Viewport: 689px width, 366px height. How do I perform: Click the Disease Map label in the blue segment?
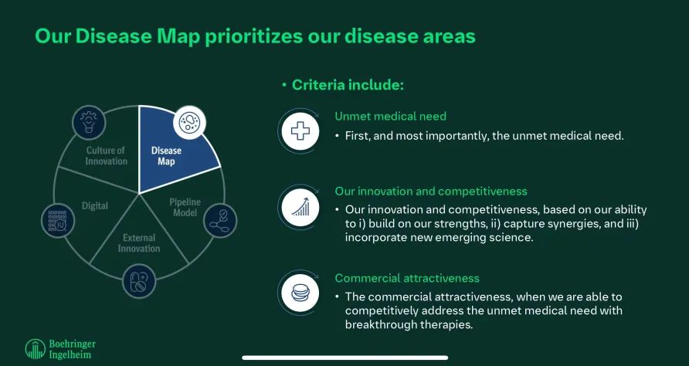(166, 156)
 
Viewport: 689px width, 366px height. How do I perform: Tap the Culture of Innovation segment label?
(106, 156)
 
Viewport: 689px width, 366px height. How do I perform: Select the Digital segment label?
(95, 205)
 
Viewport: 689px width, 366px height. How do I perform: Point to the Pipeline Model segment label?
(185, 208)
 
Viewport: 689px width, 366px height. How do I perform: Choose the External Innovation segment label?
(139, 243)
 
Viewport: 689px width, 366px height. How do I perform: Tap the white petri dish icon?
(189, 122)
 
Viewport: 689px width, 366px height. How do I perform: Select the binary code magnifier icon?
(58, 221)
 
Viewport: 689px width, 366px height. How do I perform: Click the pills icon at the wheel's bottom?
(139, 281)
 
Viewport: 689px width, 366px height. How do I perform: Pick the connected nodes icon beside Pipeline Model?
(220, 221)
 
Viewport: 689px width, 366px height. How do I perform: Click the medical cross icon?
(300, 131)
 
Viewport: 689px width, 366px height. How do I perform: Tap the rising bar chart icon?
(300, 206)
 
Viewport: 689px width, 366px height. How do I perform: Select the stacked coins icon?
(300, 293)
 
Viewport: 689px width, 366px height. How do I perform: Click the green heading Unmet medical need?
(390, 116)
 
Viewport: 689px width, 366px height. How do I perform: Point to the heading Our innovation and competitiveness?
(431, 191)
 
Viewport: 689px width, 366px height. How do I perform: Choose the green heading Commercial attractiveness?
(407, 278)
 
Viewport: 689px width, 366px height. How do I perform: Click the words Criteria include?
(348, 85)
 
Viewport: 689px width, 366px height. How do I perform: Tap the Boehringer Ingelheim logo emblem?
(36, 349)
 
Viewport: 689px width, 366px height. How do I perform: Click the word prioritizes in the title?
(254, 37)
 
